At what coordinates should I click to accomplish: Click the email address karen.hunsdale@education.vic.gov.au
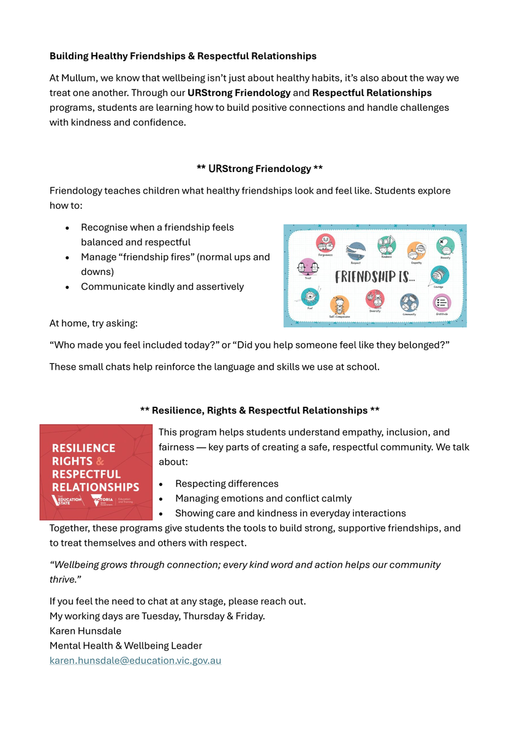(x=135, y=660)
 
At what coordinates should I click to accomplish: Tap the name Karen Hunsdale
(x=85, y=631)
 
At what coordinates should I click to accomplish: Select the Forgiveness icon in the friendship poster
(x=325, y=243)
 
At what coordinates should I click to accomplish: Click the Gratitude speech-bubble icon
(x=442, y=303)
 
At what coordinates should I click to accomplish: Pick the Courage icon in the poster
(x=439, y=276)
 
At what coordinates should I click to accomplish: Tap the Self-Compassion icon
(x=339, y=304)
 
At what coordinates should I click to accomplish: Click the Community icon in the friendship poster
(x=409, y=303)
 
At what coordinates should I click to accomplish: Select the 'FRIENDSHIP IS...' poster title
(x=375, y=277)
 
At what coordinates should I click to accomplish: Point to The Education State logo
(x=69, y=500)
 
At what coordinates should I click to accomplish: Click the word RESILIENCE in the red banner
(x=84, y=448)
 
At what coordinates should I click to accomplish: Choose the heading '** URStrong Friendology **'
(x=260, y=168)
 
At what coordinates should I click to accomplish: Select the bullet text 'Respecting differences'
(x=227, y=484)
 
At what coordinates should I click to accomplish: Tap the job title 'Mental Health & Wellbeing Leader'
(x=126, y=646)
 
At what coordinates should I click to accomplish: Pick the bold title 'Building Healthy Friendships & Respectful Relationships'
(x=183, y=56)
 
